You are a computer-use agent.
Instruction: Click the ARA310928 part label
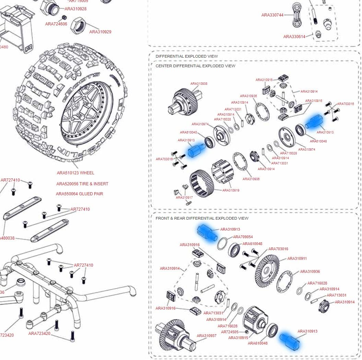pos(75,9)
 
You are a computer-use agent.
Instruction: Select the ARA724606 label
pos(56,24)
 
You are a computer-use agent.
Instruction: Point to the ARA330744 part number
pos(272,15)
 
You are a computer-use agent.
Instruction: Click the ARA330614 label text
pos(294,37)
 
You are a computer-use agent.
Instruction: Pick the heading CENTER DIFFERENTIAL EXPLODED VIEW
pos(195,66)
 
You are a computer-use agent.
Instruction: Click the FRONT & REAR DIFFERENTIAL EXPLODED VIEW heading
pos(202,218)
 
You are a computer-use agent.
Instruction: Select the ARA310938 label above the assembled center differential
pos(199,84)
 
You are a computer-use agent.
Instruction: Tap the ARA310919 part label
pos(231,190)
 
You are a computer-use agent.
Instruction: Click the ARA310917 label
pos(184,198)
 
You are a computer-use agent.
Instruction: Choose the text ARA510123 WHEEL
pos(75,173)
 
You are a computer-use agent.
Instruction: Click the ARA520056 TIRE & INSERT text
pos(82,184)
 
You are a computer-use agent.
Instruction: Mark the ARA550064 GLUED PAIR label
pos(80,194)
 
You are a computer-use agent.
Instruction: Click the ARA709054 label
pos(243,237)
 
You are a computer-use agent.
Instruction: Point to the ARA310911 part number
pos(297,259)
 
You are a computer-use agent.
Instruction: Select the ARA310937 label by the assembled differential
pos(207,336)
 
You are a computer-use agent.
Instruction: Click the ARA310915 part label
pos(238,338)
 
